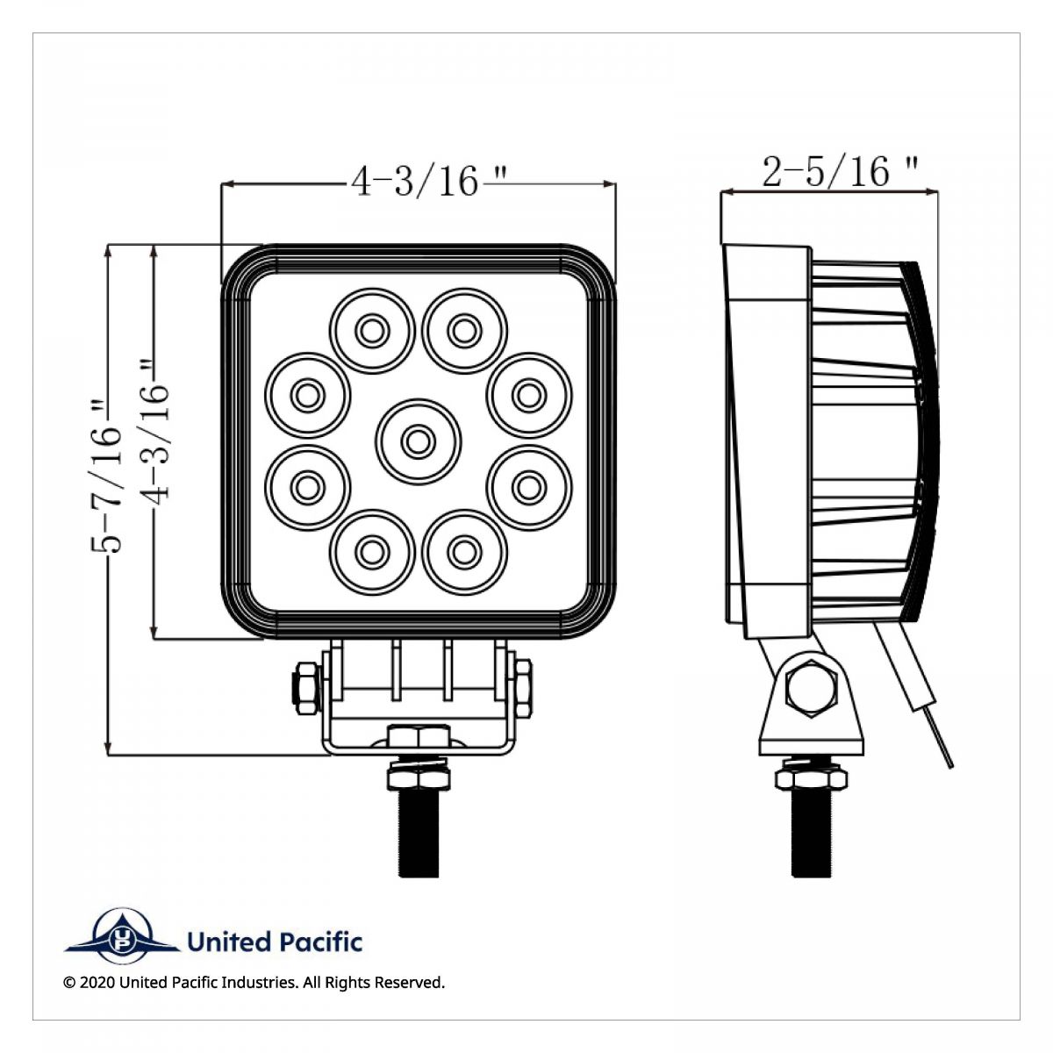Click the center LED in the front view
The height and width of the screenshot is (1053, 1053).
click(418, 440)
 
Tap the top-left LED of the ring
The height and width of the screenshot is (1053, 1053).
click(371, 330)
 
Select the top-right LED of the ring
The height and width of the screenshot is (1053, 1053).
click(464, 330)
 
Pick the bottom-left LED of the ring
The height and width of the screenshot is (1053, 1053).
click(371, 550)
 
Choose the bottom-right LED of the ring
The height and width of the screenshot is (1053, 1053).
click(464, 550)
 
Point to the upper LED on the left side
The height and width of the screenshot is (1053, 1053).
click(306, 395)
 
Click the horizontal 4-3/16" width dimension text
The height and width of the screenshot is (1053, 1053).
click(417, 182)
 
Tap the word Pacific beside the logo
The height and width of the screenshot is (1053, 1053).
click(322, 942)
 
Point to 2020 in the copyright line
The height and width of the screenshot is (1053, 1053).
click(97, 983)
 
